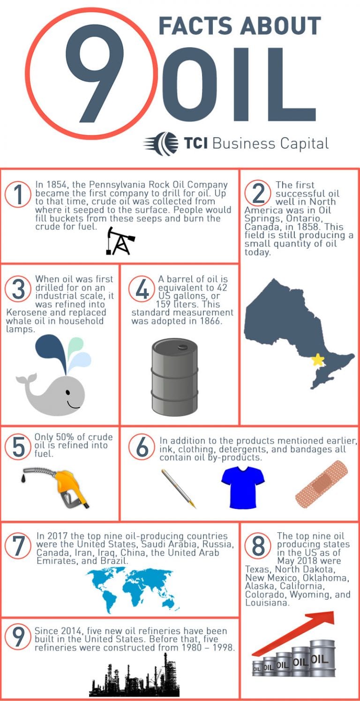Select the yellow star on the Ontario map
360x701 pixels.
tap(318, 360)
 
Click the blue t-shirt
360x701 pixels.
tap(243, 487)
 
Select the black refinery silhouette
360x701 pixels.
tap(134, 678)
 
